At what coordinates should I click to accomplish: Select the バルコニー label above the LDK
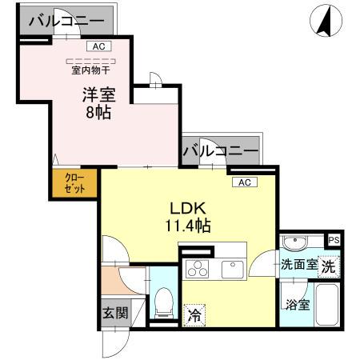(220, 150)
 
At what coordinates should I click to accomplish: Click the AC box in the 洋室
(98, 46)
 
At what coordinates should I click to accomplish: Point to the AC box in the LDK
(244, 182)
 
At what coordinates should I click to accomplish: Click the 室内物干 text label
(90, 70)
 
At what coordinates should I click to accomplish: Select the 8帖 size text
(98, 112)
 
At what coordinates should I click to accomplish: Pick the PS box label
(334, 239)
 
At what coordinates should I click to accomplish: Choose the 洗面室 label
(298, 265)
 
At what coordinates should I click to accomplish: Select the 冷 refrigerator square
(194, 315)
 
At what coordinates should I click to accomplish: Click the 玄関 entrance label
(114, 312)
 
